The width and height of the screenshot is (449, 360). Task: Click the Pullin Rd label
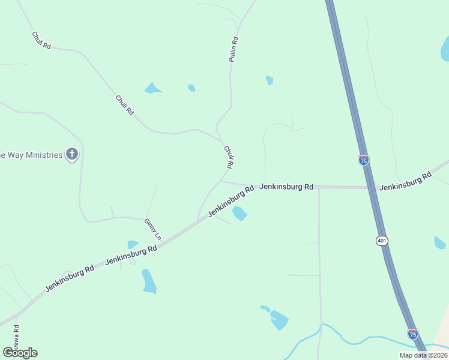234,50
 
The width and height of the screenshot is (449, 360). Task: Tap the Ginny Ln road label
152,229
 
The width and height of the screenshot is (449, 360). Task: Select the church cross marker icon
72,155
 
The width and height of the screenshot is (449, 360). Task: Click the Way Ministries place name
31,155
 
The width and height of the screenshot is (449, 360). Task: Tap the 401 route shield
382,241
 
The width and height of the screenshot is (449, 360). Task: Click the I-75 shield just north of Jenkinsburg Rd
364,160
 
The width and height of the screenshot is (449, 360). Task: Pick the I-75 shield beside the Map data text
413,334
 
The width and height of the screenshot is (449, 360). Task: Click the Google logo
20,352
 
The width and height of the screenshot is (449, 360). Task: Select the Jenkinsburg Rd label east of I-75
405,181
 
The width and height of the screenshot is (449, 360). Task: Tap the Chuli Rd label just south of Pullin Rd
228,157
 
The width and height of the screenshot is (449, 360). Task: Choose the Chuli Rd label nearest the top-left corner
41,41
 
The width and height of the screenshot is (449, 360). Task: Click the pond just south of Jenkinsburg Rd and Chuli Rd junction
240,213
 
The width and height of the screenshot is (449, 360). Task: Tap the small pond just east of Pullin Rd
270,80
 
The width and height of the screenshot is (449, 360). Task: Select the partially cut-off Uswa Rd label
16,339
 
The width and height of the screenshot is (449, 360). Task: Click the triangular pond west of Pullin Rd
152,89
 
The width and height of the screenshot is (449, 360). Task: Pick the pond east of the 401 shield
439,243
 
